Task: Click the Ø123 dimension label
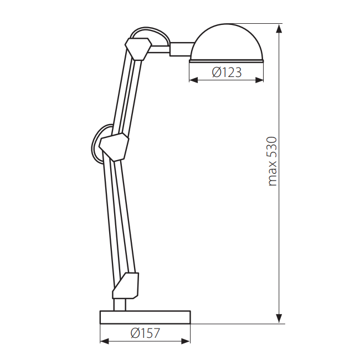point(227,72)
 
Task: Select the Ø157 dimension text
point(145,333)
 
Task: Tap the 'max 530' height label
point(271,161)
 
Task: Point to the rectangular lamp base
point(145,317)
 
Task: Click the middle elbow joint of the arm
point(114,146)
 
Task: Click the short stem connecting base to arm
point(120,304)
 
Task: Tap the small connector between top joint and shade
point(179,49)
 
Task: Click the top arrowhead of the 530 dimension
point(279,28)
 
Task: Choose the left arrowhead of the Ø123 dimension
point(193,80)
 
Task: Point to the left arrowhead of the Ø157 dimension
point(104,341)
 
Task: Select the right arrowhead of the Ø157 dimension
point(187,341)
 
